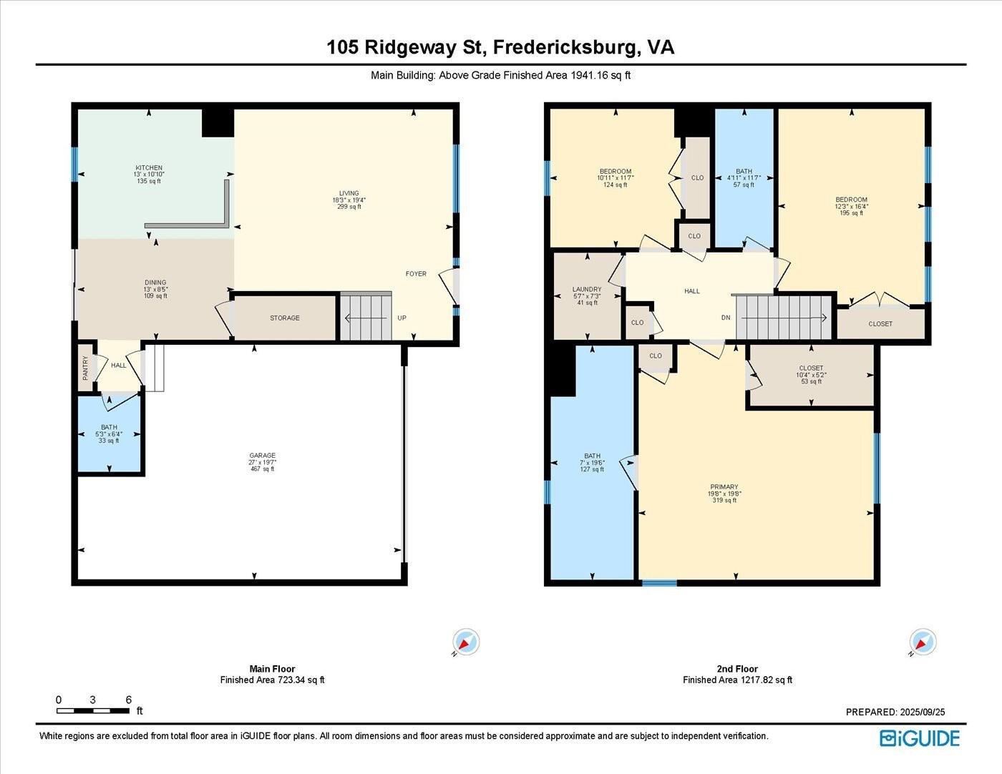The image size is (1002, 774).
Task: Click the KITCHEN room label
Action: (149, 168)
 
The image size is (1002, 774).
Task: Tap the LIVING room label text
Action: (349, 193)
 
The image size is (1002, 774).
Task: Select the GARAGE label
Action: (263, 456)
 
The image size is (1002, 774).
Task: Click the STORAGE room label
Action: (285, 318)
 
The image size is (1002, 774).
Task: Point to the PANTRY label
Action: (86, 368)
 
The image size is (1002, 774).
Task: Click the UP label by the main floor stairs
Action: (402, 318)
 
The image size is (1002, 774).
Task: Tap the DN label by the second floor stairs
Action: (726, 318)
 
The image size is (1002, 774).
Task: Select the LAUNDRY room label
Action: (587, 290)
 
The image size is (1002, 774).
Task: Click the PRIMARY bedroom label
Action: (724, 487)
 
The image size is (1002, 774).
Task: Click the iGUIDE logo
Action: (920, 738)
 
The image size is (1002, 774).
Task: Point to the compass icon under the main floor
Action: (466, 642)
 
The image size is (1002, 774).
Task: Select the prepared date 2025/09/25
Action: (895, 712)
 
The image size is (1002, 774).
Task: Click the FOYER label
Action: (416, 274)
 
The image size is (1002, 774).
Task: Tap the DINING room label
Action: (155, 283)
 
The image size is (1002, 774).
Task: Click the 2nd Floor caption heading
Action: (737, 669)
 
